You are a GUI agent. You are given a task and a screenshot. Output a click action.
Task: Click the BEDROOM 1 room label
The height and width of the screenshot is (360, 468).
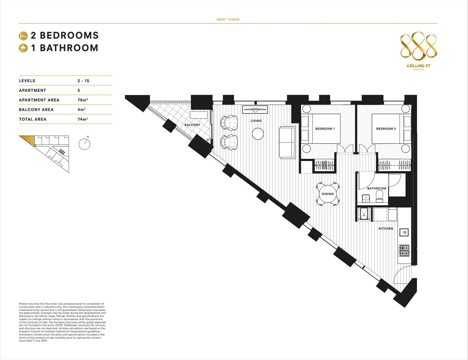click(x=325, y=129)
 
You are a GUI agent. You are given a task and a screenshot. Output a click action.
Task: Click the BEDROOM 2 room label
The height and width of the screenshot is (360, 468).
click(x=386, y=129)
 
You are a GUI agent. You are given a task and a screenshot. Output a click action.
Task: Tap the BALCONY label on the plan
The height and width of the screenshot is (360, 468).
click(x=192, y=125)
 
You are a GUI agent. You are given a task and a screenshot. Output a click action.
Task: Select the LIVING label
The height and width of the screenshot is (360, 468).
click(x=256, y=121)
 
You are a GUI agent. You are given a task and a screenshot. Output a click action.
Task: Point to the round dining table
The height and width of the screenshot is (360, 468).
click(x=327, y=194)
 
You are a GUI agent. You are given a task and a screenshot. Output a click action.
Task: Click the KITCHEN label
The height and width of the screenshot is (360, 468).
click(x=386, y=229)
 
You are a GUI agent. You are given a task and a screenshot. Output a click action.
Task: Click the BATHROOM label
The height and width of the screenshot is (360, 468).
click(x=376, y=188)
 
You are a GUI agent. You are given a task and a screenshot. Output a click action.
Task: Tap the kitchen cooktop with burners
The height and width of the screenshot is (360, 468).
click(x=404, y=250)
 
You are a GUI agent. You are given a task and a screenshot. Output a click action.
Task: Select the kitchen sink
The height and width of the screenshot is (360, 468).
click(x=404, y=232)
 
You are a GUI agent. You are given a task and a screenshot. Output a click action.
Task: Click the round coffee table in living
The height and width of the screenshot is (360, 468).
click(x=258, y=134)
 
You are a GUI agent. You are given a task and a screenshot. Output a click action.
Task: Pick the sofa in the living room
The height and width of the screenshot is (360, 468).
click(x=287, y=142)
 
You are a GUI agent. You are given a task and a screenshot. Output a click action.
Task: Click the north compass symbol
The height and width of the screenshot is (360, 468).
click(x=84, y=144)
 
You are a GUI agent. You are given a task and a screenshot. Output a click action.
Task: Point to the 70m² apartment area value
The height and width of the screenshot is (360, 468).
click(x=82, y=100)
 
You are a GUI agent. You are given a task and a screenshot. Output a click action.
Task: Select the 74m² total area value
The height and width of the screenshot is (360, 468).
click(x=82, y=119)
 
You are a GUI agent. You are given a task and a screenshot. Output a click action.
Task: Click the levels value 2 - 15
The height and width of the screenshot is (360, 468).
click(x=83, y=81)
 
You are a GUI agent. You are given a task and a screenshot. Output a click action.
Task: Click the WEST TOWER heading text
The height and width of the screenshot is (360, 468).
click(x=228, y=19)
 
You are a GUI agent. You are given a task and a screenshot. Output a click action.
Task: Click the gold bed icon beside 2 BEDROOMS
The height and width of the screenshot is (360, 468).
click(x=23, y=36)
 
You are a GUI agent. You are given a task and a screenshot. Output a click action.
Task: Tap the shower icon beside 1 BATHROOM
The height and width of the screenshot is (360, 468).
click(x=23, y=48)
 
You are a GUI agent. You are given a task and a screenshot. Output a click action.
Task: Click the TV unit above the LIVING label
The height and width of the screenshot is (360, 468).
click(x=255, y=109)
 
